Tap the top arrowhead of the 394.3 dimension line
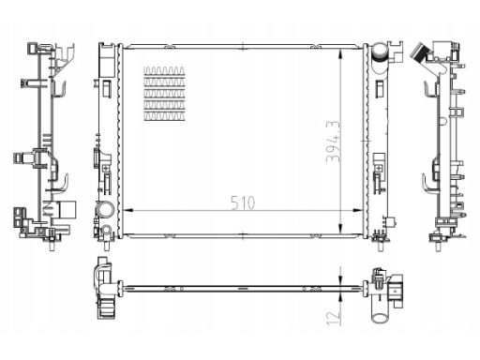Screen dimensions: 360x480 342,46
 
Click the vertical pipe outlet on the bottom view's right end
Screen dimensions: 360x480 383,305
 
